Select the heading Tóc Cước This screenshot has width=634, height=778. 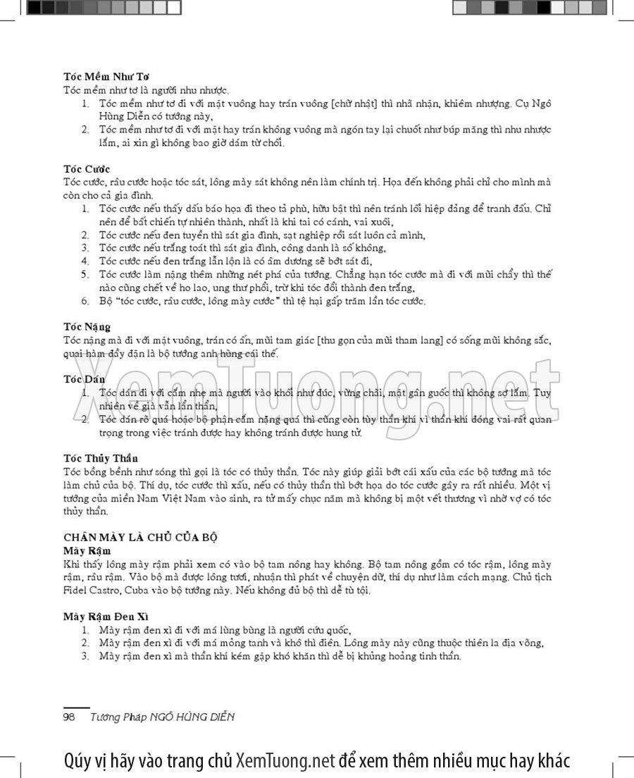pyautogui.click(x=87, y=169)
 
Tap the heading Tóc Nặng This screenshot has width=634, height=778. pyautogui.click(x=87, y=327)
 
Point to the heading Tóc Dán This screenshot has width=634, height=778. pyautogui.click(x=84, y=379)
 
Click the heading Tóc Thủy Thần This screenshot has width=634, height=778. pyautogui.click(x=101, y=458)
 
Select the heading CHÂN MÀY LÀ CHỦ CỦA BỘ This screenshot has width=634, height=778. pyautogui.click(x=140, y=537)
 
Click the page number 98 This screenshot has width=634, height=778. pyautogui.click(x=69, y=717)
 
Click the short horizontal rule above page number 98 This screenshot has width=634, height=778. pyautogui.click(x=77, y=707)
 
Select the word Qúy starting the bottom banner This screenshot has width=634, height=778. pyautogui.click(x=77, y=761)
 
